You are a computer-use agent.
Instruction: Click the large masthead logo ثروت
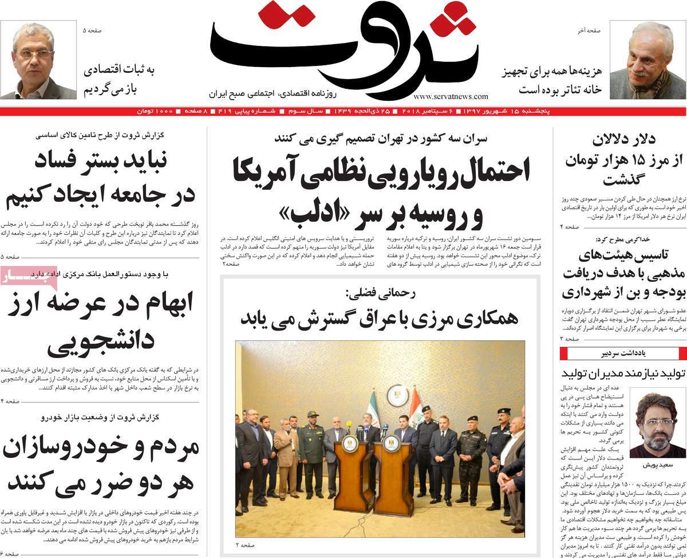point(343,49)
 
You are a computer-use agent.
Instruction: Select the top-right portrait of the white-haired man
point(646,60)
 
